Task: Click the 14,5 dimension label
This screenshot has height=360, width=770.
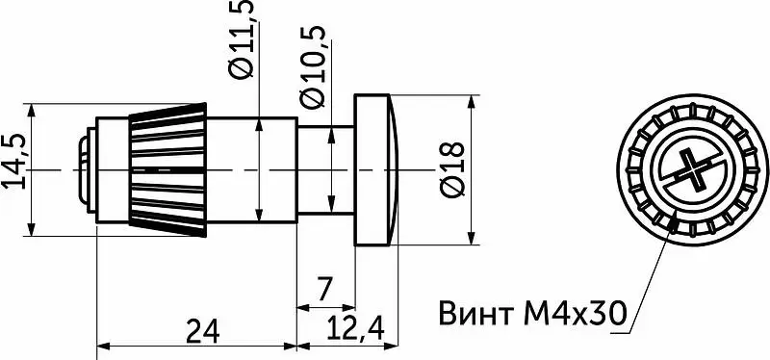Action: pos(13,161)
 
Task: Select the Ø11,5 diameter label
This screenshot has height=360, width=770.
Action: pos(242,39)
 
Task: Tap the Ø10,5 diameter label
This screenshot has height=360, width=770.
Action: pos(313,66)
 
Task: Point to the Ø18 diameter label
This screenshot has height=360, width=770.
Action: pos(452,169)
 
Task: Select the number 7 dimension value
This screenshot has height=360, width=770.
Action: pos(323,289)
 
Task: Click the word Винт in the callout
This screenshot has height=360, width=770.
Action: pos(473,314)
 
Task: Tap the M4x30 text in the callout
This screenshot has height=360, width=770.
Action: pos(576,314)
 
